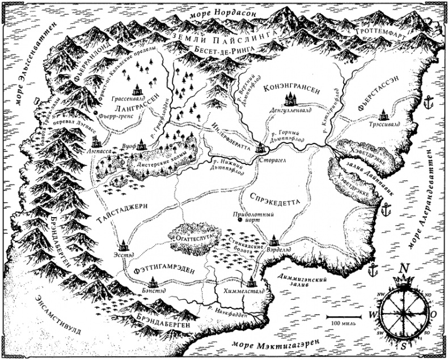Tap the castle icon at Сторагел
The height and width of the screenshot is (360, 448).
coord(261,147)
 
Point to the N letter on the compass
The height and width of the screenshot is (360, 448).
coord(404,269)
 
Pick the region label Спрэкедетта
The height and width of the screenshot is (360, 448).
coord(274,199)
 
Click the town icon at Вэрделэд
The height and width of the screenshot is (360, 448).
coord(274,240)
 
